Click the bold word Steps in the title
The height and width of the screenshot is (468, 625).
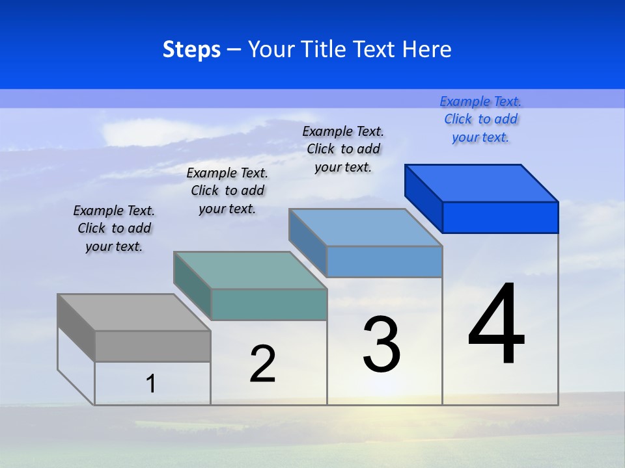191,49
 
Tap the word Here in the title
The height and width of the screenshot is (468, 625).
427,49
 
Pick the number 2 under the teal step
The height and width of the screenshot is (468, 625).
262,364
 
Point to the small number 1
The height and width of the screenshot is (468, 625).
151,383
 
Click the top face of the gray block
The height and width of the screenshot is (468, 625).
133,312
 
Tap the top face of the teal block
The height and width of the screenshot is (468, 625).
250,270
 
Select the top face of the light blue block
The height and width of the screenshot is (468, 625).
365,227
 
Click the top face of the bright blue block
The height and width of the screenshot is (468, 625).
482,183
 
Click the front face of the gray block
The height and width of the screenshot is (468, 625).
153,346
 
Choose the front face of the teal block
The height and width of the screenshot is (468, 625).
269,304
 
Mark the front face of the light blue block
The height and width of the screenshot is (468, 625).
384,261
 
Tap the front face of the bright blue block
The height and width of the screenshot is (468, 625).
500,217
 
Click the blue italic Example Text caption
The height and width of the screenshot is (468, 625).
480,119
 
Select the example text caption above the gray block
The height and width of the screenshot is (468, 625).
114,228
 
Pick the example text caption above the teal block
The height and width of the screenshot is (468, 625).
227,190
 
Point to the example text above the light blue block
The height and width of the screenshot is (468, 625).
343,149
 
